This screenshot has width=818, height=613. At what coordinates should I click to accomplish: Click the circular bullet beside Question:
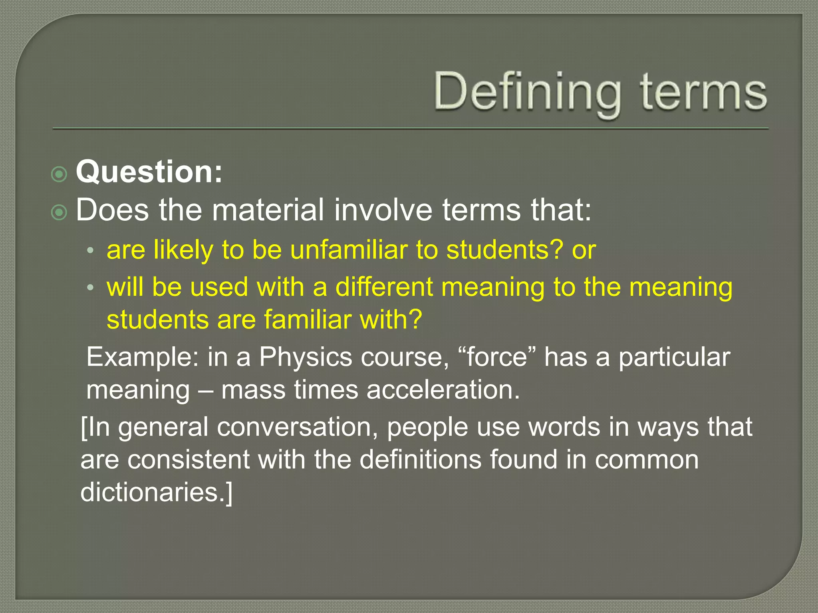tap(60, 174)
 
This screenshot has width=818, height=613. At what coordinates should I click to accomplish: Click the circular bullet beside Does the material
tap(60, 212)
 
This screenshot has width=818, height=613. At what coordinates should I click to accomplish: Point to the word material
tap(268, 210)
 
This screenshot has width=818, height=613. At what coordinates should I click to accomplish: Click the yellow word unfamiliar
tap(348, 250)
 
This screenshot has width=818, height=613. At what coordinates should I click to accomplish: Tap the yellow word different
tap(384, 287)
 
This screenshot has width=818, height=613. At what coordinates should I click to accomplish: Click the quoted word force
tap(497, 357)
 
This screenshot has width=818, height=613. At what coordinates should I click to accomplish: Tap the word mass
tap(253, 390)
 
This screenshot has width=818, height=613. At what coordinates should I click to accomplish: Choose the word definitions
tap(421, 460)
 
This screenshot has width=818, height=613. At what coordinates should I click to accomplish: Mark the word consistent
tap(189, 460)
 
